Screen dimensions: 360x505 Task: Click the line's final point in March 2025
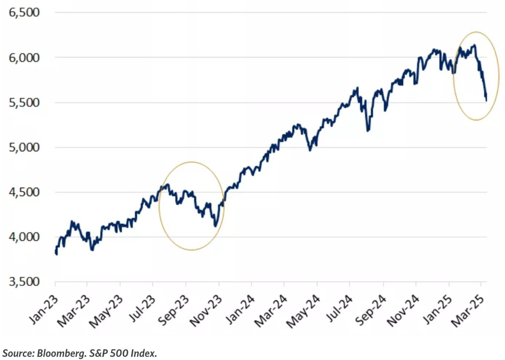[x=486, y=100]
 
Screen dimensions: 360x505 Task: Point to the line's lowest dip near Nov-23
[x=215, y=227]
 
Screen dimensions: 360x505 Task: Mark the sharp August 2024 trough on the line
[x=368, y=131]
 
